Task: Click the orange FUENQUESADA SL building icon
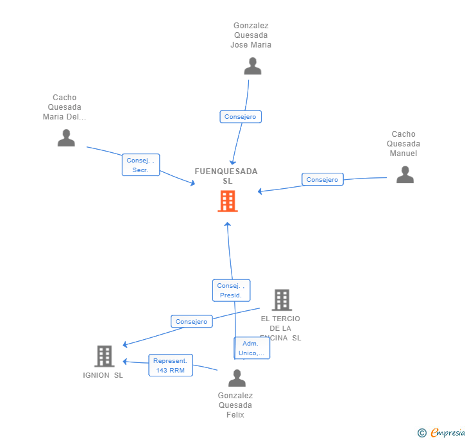(228, 201)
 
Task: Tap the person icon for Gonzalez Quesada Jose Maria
(253, 66)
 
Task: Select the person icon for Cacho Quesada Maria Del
(66, 137)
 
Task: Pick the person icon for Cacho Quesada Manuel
(405, 175)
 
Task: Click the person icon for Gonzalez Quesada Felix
(237, 378)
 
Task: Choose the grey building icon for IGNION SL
(104, 356)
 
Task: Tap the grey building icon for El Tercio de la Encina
(282, 300)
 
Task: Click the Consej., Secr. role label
(140, 165)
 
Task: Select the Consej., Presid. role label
(231, 290)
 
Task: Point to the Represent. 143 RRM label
(171, 365)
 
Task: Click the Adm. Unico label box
(251, 348)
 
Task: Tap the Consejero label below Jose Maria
(241, 116)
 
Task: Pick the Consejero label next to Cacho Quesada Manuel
(322, 180)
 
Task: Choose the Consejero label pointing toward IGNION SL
(191, 321)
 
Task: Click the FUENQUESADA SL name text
(226, 176)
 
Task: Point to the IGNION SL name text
(103, 375)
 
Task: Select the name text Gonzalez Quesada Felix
(235, 405)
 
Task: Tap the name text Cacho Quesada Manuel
(403, 144)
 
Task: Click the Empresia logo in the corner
(447, 432)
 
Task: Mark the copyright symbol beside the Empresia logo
(422, 433)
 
